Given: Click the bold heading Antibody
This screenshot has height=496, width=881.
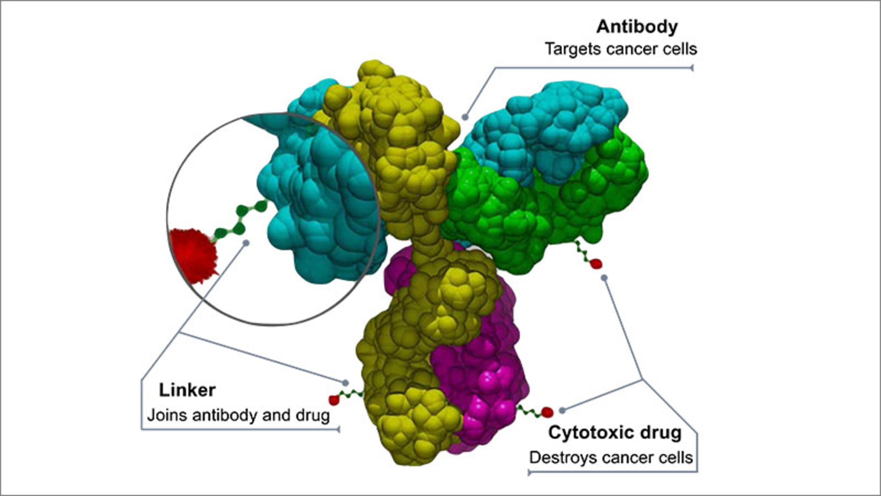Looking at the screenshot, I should click(x=637, y=27).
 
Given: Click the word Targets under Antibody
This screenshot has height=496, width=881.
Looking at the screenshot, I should click(x=573, y=49).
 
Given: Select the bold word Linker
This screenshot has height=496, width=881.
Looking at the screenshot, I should click(x=187, y=390).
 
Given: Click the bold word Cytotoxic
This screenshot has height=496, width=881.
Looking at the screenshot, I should click(x=591, y=433).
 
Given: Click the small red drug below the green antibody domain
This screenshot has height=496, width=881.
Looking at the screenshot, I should click(x=596, y=264).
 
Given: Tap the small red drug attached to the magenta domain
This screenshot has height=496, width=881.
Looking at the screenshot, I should click(x=547, y=412).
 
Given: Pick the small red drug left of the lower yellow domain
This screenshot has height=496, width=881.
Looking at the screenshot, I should click(x=334, y=400).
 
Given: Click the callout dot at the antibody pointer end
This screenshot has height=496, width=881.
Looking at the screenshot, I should click(x=465, y=117).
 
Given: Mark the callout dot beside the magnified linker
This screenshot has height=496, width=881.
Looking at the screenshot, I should click(x=246, y=243).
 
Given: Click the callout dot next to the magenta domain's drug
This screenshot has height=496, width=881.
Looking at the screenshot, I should click(x=562, y=410).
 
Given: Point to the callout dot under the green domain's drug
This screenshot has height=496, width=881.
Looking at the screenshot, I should click(x=604, y=278).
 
